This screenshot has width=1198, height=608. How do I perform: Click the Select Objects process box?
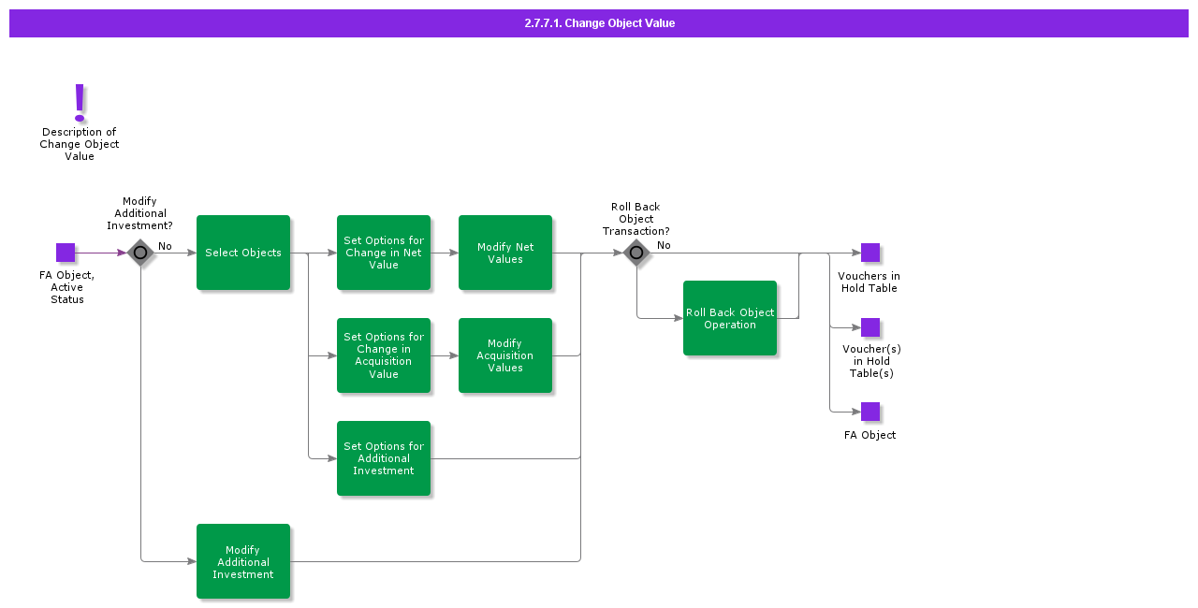click(243, 253)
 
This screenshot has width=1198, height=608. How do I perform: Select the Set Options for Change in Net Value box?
click(384, 253)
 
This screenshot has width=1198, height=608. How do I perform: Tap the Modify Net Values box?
click(505, 253)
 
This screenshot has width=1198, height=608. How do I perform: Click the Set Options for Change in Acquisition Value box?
click(384, 355)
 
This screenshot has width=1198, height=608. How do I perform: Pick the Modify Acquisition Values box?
click(505, 355)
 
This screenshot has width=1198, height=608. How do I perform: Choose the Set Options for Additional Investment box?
click(384, 458)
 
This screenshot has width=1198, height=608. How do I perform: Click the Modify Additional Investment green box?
click(243, 561)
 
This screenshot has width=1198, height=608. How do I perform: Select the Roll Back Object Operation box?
click(730, 318)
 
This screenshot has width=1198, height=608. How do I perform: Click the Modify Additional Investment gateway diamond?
click(140, 253)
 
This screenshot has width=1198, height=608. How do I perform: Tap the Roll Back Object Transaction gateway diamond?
click(636, 253)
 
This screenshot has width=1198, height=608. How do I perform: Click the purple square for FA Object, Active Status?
click(66, 253)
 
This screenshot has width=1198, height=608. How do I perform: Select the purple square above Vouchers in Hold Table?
click(870, 253)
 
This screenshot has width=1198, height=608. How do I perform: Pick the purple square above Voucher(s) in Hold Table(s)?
click(870, 327)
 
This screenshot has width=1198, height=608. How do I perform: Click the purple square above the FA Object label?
click(870, 412)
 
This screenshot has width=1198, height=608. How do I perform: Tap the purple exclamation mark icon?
click(80, 103)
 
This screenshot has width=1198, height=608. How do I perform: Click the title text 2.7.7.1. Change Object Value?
click(599, 23)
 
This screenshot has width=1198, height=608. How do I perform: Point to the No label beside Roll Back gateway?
click(664, 245)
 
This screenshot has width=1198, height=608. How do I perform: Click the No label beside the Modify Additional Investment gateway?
click(165, 246)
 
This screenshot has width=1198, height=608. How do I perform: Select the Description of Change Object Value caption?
click(80, 144)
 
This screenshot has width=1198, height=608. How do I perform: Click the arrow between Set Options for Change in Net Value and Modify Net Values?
click(445, 253)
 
